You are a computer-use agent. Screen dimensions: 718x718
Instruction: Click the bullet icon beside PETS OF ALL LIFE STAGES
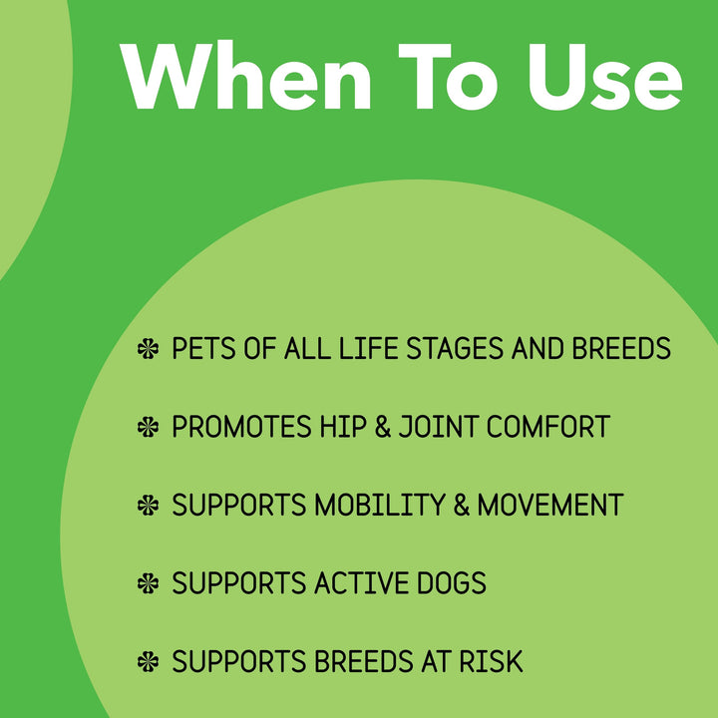pos(148,349)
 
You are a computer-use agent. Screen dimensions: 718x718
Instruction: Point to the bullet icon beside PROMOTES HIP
pos(148,427)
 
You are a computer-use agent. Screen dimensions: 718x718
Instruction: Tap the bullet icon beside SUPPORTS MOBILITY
pos(148,505)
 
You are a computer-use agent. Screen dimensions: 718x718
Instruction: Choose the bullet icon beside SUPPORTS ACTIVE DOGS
pos(148,582)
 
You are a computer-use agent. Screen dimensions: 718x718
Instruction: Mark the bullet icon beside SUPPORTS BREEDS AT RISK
pos(148,660)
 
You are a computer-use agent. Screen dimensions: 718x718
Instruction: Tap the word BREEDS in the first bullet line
pos(621,349)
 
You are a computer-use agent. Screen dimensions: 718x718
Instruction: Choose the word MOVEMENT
pos(550,505)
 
